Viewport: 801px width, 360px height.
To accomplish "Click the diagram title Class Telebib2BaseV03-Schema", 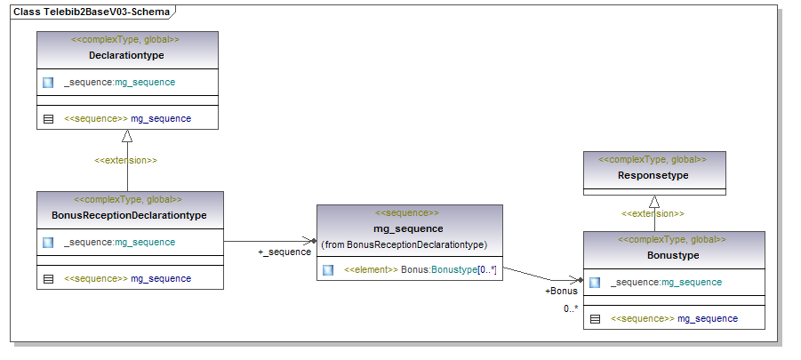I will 92,10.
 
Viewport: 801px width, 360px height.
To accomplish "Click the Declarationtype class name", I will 126,55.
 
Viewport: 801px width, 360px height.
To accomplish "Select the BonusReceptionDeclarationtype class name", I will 129,215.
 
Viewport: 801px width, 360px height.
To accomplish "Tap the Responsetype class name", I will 653,175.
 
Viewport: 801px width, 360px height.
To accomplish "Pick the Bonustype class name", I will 673,255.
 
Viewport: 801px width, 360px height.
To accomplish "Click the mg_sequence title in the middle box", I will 408,228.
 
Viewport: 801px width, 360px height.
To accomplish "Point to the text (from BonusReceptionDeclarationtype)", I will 404,244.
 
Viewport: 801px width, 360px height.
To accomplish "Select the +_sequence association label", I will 284,252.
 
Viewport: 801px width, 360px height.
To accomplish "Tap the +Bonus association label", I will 561,291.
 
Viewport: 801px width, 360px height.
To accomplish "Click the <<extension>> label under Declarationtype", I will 126,161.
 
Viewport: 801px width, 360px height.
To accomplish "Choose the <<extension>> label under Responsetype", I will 653,213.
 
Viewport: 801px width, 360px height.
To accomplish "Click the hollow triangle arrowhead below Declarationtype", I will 127,136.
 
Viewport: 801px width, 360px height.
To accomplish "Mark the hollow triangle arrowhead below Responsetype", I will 654,201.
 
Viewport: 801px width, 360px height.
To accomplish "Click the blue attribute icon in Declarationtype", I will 49,83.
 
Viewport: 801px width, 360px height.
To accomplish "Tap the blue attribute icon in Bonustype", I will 595,283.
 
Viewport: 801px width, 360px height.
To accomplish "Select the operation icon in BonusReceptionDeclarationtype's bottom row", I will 49,278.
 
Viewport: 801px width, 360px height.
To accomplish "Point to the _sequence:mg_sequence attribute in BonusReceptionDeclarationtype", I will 119,242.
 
